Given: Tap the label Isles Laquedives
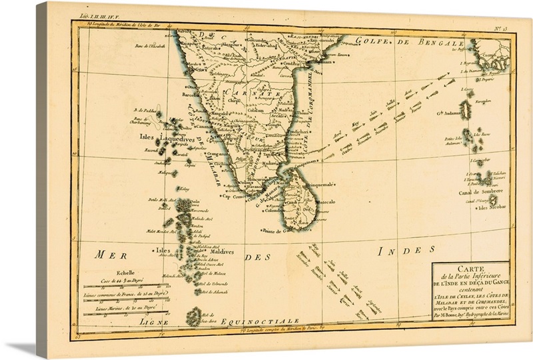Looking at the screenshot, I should click(x=160, y=138).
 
